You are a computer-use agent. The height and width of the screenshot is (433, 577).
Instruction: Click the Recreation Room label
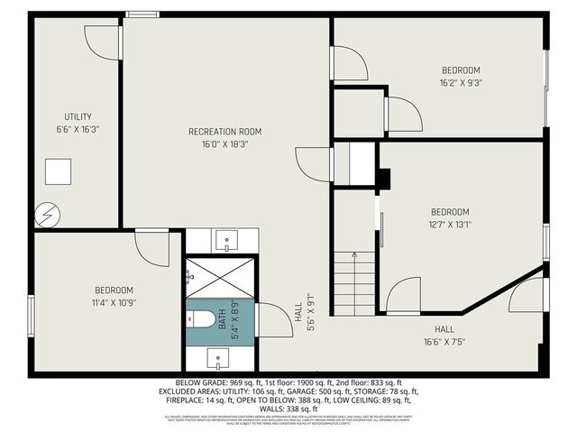[224, 132]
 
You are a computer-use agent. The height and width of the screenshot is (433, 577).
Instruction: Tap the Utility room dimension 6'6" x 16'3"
[77, 129]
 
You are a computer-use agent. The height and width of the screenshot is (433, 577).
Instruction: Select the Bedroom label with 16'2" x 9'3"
[460, 70]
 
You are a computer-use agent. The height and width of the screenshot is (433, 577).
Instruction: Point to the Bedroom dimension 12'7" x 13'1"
[449, 225]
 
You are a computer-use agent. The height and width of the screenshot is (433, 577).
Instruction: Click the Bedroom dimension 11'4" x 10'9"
[114, 302]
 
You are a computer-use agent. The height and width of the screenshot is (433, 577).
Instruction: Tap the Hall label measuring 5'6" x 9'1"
[310, 312]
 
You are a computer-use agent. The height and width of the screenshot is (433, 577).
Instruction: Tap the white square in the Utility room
[59, 171]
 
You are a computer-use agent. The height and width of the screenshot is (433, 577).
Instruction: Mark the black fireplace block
[384, 179]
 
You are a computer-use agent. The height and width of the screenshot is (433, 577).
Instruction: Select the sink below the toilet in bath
[219, 358]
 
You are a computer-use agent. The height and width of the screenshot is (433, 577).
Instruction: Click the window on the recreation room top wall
[142, 14]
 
